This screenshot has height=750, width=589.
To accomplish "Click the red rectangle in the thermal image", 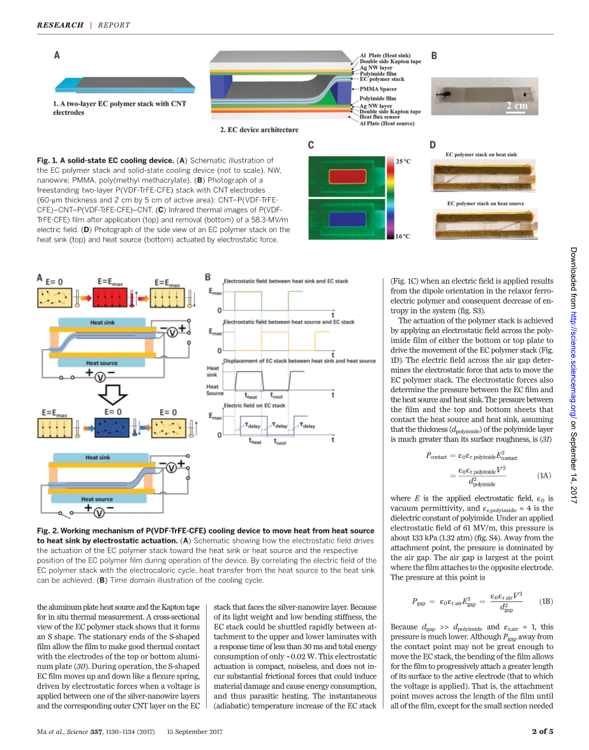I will click(347, 177).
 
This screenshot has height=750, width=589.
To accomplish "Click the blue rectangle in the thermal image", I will click(347, 219).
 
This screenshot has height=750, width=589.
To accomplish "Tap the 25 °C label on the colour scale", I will click(404, 162).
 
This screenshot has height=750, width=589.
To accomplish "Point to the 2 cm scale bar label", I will click(517, 106).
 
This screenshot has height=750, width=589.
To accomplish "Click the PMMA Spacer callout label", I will click(378, 89).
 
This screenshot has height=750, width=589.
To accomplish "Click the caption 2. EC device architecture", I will click(258, 130).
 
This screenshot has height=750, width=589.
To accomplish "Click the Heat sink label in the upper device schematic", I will click(103, 323).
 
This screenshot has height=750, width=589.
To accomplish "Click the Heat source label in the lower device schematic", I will click(99, 499).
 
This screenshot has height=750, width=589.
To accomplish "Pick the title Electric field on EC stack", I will click(255, 405).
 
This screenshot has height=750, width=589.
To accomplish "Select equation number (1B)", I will click(546, 601).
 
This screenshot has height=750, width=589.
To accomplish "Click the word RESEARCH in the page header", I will click(60, 25).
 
